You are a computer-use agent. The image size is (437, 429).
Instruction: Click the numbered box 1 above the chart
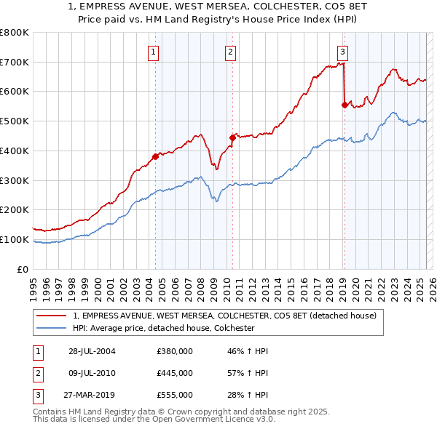tap(154, 52)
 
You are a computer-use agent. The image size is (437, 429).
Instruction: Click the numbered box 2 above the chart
tap(230, 52)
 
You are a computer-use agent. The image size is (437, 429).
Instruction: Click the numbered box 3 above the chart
tap(342, 52)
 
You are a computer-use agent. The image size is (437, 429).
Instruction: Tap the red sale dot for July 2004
tap(156, 156)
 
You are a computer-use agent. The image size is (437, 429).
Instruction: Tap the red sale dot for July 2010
tap(232, 137)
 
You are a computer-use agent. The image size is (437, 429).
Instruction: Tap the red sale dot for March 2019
tap(345, 105)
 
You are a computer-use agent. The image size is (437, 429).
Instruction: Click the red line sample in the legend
tap(52, 316)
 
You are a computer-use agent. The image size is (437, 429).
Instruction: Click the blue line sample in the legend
tap(52, 328)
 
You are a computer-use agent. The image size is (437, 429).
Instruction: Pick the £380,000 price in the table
tap(174, 351)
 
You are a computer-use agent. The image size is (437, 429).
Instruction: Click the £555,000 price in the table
tap(174, 395)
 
